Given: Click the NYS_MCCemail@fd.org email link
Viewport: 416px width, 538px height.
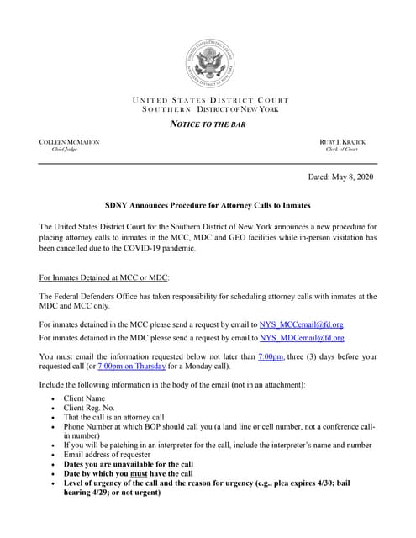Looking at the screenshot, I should (301, 324).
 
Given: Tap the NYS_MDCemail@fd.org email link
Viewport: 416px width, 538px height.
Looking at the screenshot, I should (301, 338).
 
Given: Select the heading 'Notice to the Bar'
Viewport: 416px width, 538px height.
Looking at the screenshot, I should (208, 125).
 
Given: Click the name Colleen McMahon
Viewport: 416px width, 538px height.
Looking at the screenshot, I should (70, 142).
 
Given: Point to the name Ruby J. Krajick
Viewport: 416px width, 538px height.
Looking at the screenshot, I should (348, 142).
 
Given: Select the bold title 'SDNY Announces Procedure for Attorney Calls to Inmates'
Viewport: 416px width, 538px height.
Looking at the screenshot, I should (208, 205).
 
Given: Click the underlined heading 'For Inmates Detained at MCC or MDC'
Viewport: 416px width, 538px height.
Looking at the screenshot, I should (104, 277).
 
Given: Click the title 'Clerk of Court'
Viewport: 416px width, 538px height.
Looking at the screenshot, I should (354, 150).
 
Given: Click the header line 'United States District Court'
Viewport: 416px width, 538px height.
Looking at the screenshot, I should (208, 101).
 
